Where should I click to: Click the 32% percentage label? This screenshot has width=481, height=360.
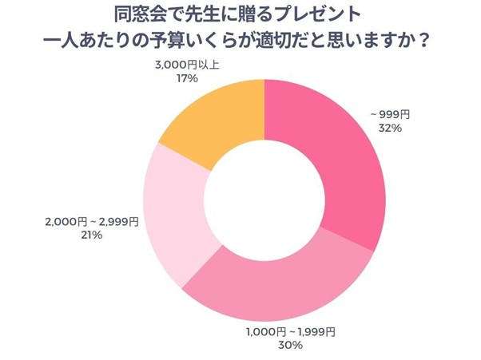click(379, 128)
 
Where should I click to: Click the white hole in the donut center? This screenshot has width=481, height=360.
click(264, 192)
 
